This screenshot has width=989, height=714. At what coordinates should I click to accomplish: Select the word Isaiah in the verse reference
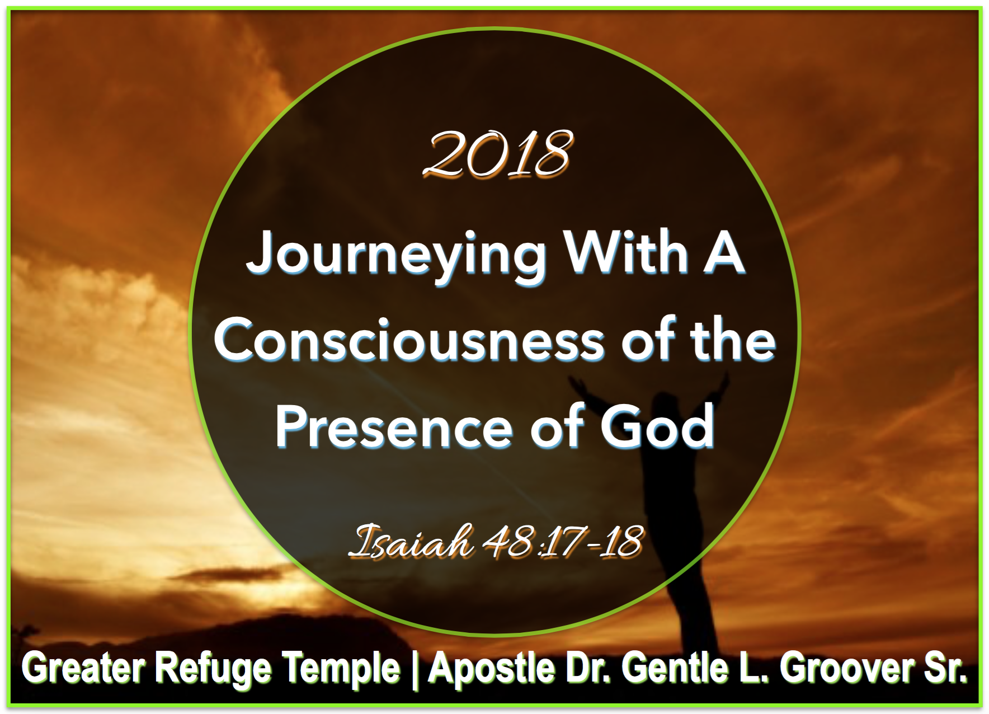pyautogui.click(x=411, y=541)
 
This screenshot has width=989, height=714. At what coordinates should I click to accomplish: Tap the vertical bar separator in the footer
pyautogui.click(x=414, y=670)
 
